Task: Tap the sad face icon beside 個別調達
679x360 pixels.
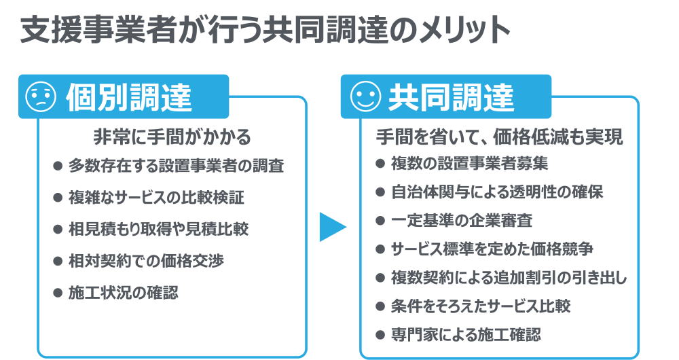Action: click(40, 97)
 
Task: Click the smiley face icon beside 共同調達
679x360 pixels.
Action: click(365, 97)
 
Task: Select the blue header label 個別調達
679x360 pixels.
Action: click(128, 98)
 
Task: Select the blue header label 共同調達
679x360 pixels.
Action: click(451, 98)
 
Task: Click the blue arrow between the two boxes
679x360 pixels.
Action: click(332, 227)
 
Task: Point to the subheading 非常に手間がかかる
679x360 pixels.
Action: click(172, 137)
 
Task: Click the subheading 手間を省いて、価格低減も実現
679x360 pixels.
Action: click(500, 137)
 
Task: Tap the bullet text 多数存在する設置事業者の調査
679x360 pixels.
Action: click(176, 166)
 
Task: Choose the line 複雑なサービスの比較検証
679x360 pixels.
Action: click(156, 198)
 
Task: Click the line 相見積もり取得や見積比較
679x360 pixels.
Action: click(158, 229)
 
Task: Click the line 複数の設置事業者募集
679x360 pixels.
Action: click(469, 164)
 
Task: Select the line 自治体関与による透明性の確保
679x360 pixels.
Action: click(497, 192)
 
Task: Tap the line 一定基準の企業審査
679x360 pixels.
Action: click(462, 221)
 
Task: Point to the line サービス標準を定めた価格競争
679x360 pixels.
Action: click(492, 249)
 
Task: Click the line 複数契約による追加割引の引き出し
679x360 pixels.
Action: click(509, 278)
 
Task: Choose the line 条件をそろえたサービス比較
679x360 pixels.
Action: click(480, 306)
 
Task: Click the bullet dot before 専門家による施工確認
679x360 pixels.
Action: click(380, 334)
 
